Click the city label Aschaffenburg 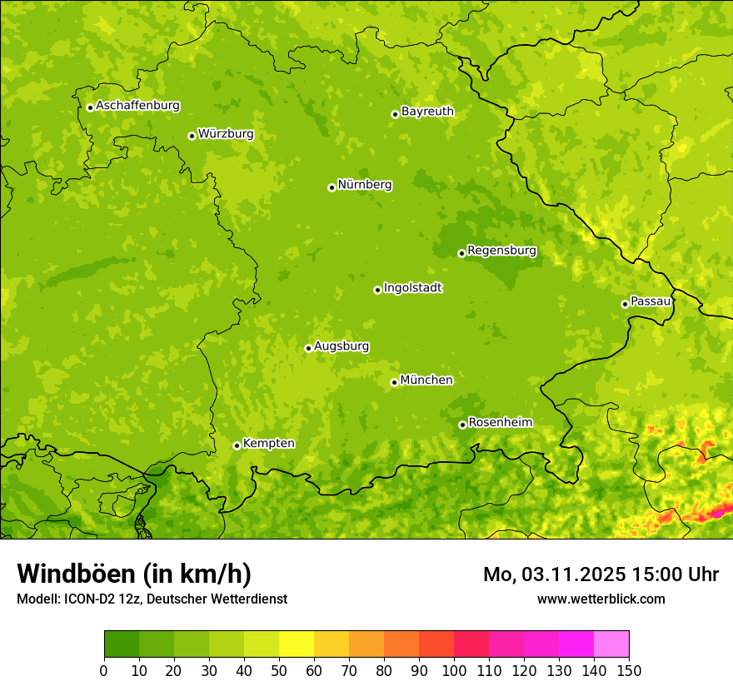137,106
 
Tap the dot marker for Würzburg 192,136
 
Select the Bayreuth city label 427,112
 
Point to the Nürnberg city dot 332,187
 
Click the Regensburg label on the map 501,251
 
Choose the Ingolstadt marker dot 377,290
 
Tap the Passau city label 651,301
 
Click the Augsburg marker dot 308,348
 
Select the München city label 426,380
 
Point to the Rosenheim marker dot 462,425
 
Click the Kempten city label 268,444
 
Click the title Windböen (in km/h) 134,574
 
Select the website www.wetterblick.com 601,599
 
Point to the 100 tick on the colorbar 454,670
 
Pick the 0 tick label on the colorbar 104,670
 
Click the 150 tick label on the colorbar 628,670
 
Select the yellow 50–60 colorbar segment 297,644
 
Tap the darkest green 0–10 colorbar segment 122,644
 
